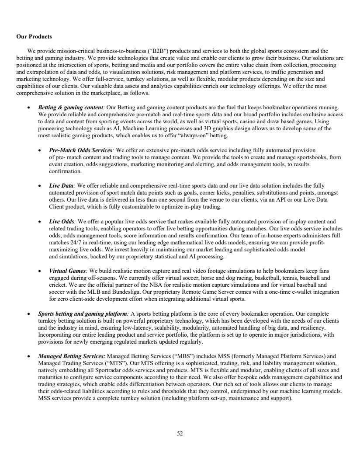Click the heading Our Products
point(34,36)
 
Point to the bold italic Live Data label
point(61,185)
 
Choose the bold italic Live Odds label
point(62,221)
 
